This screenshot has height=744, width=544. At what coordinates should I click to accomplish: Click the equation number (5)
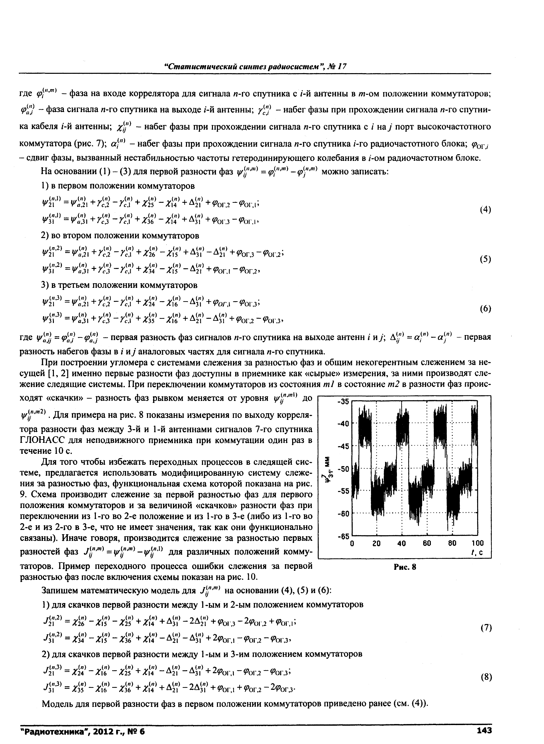click(485, 260)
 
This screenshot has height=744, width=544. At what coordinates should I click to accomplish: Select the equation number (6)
click(485, 309)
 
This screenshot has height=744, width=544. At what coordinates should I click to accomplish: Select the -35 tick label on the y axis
click(343, 402)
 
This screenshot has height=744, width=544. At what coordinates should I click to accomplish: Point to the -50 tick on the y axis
click(343, 469)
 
